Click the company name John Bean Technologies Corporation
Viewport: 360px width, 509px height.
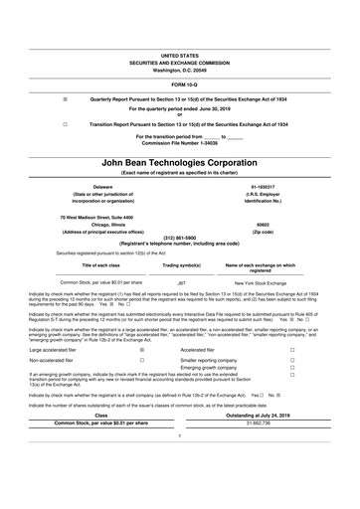pos(179,160)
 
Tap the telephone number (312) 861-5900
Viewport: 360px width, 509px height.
pos(179,238)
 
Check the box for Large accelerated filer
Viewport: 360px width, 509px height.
pos(142,351)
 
